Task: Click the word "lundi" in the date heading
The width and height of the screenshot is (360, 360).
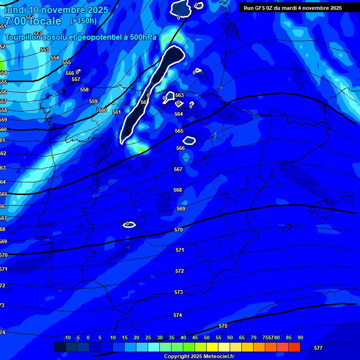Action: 15,10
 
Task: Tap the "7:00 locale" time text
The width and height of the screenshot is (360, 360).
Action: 33,21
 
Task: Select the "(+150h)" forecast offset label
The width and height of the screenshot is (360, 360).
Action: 83,21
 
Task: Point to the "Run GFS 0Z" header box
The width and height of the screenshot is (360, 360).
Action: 292,8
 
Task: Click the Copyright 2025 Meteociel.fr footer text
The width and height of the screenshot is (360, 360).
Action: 199,356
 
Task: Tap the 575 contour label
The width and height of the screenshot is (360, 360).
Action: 223,326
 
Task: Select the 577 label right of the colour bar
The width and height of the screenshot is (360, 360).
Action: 318,348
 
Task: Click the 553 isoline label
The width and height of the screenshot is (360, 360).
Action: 45,50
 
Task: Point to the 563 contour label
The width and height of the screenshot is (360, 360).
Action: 180,95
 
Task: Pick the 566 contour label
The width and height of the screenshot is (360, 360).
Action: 180,148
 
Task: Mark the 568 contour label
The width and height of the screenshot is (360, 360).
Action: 178,190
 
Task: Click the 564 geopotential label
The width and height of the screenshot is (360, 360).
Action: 179,114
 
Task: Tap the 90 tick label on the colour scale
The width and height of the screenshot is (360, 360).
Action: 300,337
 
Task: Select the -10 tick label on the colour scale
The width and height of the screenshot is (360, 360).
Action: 67,337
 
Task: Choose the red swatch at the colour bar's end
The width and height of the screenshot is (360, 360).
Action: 294,347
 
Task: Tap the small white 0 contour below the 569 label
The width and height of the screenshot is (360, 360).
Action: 129,225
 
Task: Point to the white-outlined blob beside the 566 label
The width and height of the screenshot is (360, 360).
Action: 189,140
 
